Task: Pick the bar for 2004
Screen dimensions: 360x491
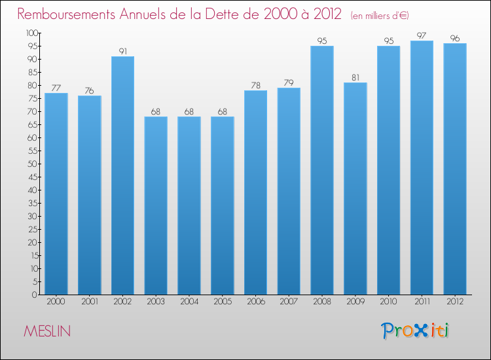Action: click(x=189, y=206)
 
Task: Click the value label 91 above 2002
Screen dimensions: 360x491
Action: click(x=122, y=51)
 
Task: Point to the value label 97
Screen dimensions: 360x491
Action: click(x=422, y=35)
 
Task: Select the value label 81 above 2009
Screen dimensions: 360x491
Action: click(x=355, y=77)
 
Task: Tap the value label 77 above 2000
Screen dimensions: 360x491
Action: click(x=56, y=88)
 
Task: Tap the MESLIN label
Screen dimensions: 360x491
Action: click(x=47, y=332)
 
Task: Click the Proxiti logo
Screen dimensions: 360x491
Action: click(x=415, y=331)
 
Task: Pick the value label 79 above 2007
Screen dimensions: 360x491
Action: click(x=289, y=82)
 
